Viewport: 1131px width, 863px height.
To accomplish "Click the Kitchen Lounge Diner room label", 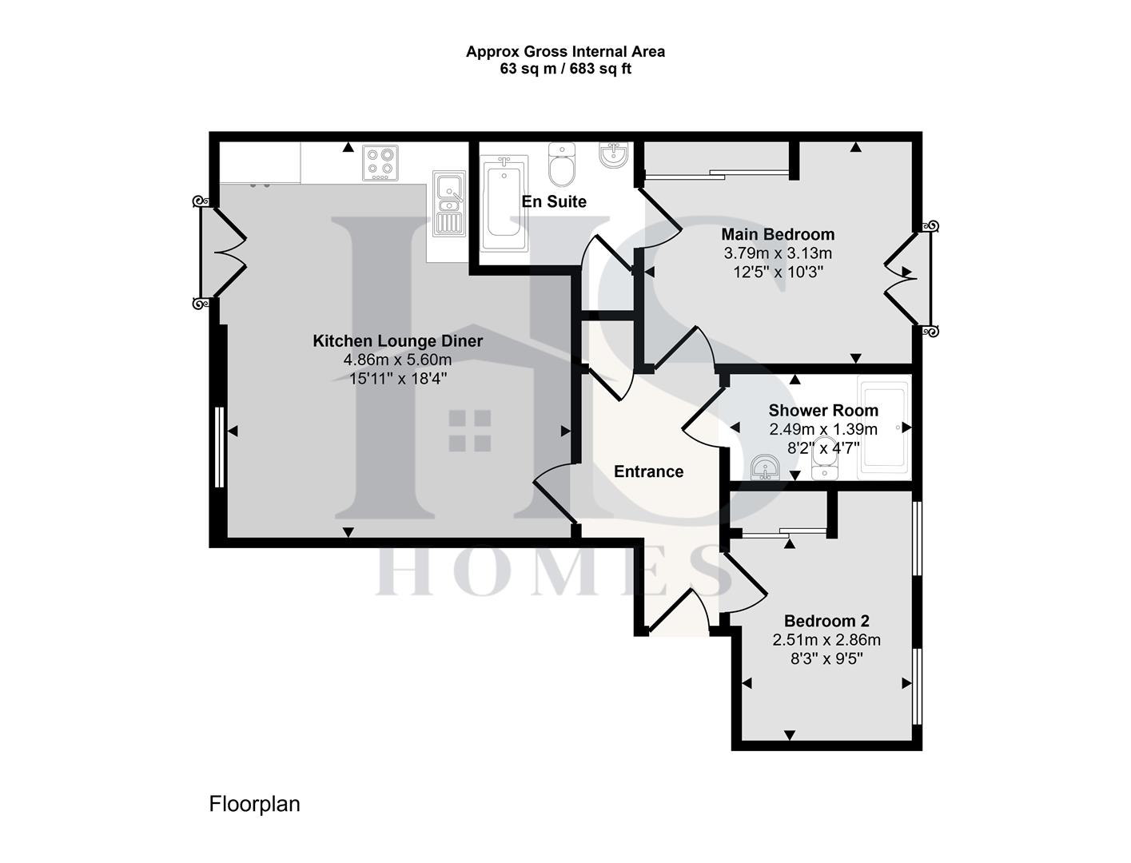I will coord(397,341).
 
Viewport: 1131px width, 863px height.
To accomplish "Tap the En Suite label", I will coord(554,201).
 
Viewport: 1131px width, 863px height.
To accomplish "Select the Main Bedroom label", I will coord(778,234).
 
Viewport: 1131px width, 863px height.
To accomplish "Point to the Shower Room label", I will coord(823,411).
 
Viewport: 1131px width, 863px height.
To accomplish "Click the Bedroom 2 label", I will coord(826,621).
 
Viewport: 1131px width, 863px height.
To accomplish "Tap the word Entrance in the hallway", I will coord(648,471).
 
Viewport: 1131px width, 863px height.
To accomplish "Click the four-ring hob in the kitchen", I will coord(380,162).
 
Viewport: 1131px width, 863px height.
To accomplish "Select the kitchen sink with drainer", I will coord(448,204).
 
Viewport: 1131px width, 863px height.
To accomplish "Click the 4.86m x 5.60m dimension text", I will coord(397,360).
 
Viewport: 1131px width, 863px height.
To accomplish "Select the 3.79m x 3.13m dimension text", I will coord(778,253).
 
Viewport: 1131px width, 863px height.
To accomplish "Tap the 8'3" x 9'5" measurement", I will coord(826,659).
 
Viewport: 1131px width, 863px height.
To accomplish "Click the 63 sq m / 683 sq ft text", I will coord(565,69).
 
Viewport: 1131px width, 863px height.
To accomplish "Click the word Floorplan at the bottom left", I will coord(254,804).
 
